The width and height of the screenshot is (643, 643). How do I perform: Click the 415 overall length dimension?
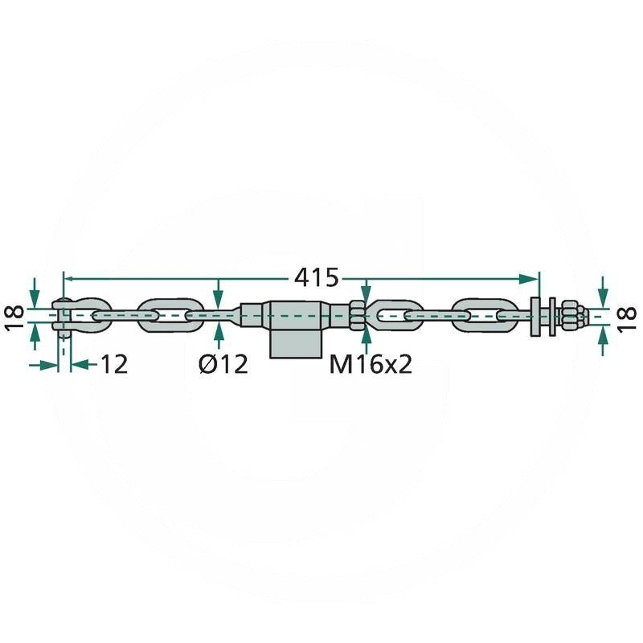pos(317,278)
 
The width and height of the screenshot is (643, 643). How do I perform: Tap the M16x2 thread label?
pos(371,363)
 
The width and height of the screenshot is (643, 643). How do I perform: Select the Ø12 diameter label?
pos(223,363)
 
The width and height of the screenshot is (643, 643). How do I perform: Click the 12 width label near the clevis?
pos(113,364)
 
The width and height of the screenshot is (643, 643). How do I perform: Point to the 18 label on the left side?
pos(14,317)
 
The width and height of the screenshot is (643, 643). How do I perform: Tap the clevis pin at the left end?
pos(64,317)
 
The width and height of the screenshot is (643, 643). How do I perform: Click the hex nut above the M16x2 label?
pos(358,316)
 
